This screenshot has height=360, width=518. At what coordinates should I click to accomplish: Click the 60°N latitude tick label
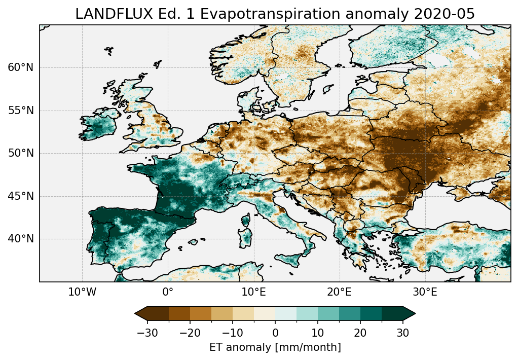20,67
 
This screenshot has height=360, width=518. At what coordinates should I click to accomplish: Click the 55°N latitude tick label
20,111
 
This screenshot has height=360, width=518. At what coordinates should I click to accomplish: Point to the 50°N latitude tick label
20,153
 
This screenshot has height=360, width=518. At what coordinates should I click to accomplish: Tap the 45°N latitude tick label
20,196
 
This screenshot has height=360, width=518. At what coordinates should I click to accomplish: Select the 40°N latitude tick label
20,239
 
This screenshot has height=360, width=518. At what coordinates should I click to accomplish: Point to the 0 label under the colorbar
275,333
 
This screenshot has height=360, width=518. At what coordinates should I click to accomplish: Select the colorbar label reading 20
360,333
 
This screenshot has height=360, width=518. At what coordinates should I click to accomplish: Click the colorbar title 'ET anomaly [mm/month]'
275,347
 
